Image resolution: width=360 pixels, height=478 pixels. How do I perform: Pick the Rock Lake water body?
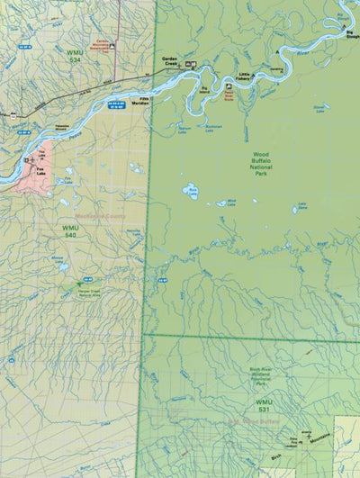click(x=192, y=190)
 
